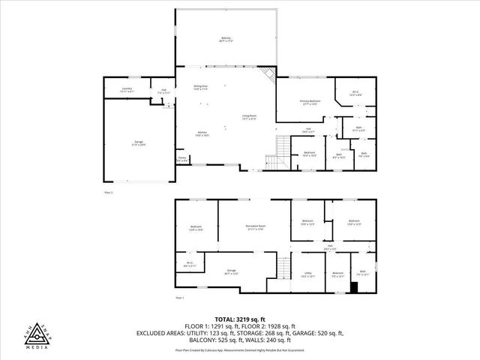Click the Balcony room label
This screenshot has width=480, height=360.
(226, 37)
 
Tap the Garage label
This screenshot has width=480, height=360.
(139, 143)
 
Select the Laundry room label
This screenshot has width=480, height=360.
(127, 90)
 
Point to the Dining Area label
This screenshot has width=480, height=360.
(200, 88)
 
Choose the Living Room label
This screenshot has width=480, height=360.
(249, 117)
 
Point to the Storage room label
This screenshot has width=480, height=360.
(231, 273)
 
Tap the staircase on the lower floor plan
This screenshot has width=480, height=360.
(283, 266)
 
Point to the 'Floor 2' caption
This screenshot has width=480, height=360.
(109, 193)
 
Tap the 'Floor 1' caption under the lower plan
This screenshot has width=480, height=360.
(180, 298)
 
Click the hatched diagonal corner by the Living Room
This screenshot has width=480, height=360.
(267, 76)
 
